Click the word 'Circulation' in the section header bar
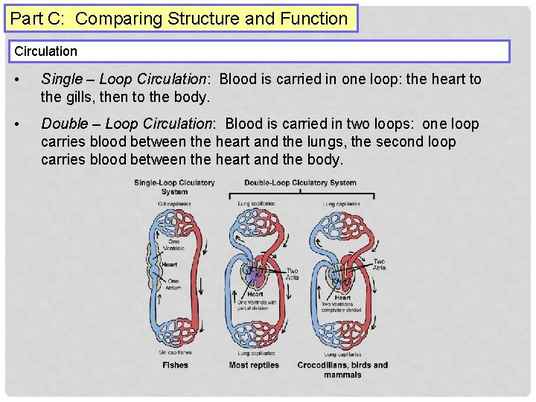(46, 51)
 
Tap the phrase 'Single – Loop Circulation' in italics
(123, 79)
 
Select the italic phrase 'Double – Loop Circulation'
(127, 124)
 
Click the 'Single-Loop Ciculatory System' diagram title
(174, 187)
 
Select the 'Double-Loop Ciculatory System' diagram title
(300, 183)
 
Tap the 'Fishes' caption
(175, 365)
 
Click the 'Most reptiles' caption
(254, 365)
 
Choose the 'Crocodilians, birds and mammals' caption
(342, 369)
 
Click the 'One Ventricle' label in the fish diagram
(173, 246)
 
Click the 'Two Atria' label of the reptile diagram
(292, 275)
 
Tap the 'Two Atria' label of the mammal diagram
(379, 264)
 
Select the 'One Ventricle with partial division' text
(255, 305)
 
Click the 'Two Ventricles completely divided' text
(342, 307)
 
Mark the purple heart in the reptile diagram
(255, 277)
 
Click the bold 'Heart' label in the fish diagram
(170, 264)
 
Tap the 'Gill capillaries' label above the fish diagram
(174, 203)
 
